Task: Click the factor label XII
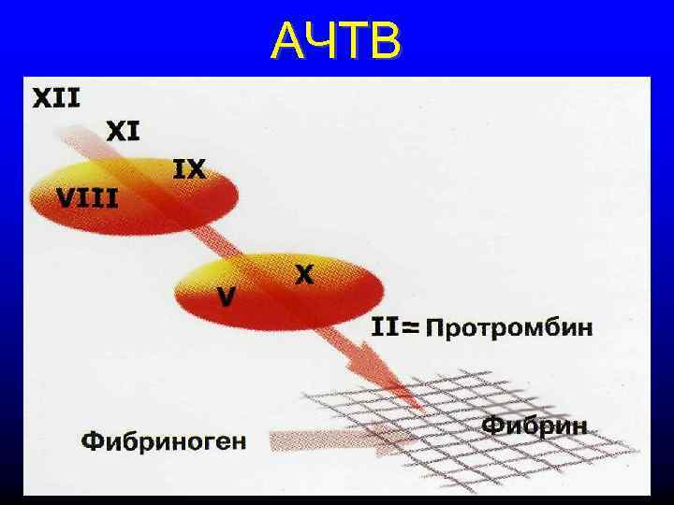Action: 57,97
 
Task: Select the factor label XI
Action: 123,131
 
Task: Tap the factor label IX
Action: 190,170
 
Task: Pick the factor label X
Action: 304,275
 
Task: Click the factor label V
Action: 227,296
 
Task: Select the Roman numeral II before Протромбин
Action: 385,327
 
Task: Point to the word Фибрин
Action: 535,426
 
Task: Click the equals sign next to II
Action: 409,328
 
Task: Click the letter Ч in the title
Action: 318,41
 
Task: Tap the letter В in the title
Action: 385,41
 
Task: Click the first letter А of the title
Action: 287,41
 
